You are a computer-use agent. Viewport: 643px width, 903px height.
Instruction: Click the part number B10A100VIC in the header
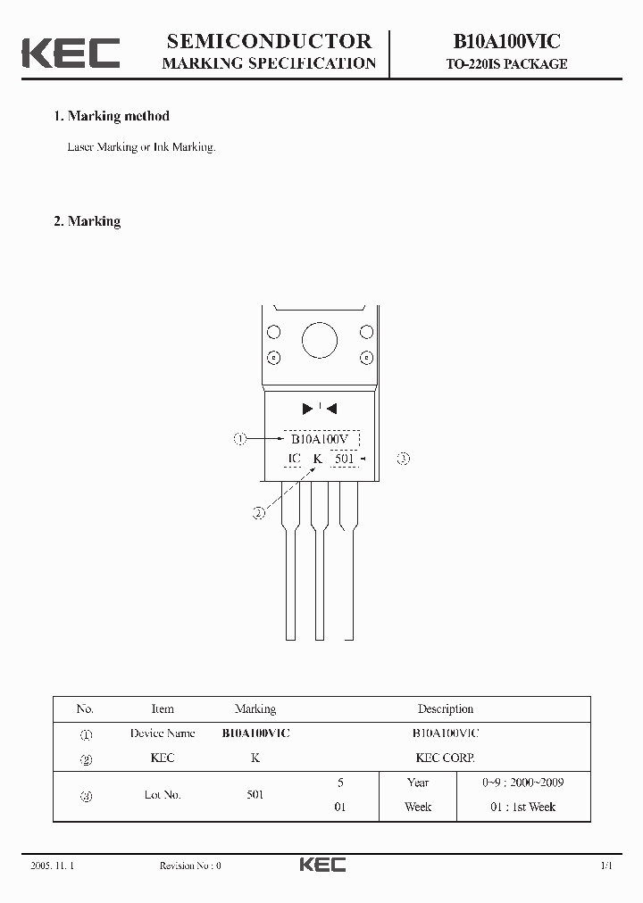pyautogui.click(x=506, y=41)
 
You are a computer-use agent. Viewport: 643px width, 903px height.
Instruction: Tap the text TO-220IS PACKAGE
pyautogui.click(x=506, y=64)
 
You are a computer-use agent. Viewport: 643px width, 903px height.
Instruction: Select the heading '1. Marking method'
pyautogui.click(x=112, y=116)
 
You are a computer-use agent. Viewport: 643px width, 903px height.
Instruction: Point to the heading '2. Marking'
pyautogui.click(x=88, y=221)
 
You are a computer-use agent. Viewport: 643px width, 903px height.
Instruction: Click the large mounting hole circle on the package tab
pyautogui.click(x=319, y=341)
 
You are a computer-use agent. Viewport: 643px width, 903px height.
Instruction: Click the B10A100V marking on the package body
pyautogui.click(x=321, y=438)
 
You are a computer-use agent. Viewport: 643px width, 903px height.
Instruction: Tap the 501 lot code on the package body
pyautogui.click(x=345, y=459)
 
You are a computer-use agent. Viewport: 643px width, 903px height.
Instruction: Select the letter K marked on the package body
pyautogui.click(x=316, y=459)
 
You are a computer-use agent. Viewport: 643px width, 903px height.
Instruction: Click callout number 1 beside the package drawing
pyautogui.click(x=239, y=438)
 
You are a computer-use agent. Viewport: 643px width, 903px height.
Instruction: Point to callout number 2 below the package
pyautogui.click(x=258, y=513)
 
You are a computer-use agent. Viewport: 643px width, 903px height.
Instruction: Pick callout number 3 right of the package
pyautogui.click(x=404, y=459)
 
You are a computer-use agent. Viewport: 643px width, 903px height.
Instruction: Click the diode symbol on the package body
pyautogui.click(x=319, y=409)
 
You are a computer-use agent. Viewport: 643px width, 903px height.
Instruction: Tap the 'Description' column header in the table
pyautogui.click(x=445, y=709)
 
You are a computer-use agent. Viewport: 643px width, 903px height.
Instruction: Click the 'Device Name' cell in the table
pyautogui.click(x=163, y=733)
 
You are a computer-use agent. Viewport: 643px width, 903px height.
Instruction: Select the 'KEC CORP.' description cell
pyautogui.click(x=445, y=758)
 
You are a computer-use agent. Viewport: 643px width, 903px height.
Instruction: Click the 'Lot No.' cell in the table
pyautogui.click(x=163, y=794)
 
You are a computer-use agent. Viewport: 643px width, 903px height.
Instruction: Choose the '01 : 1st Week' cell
pyautogui.click(x=522, y=807)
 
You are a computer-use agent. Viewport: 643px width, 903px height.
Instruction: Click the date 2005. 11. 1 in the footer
pyautogui.click(x=52, y=866)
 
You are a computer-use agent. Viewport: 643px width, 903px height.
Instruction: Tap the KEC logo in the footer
pyautogui.click(x=321, y=865)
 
